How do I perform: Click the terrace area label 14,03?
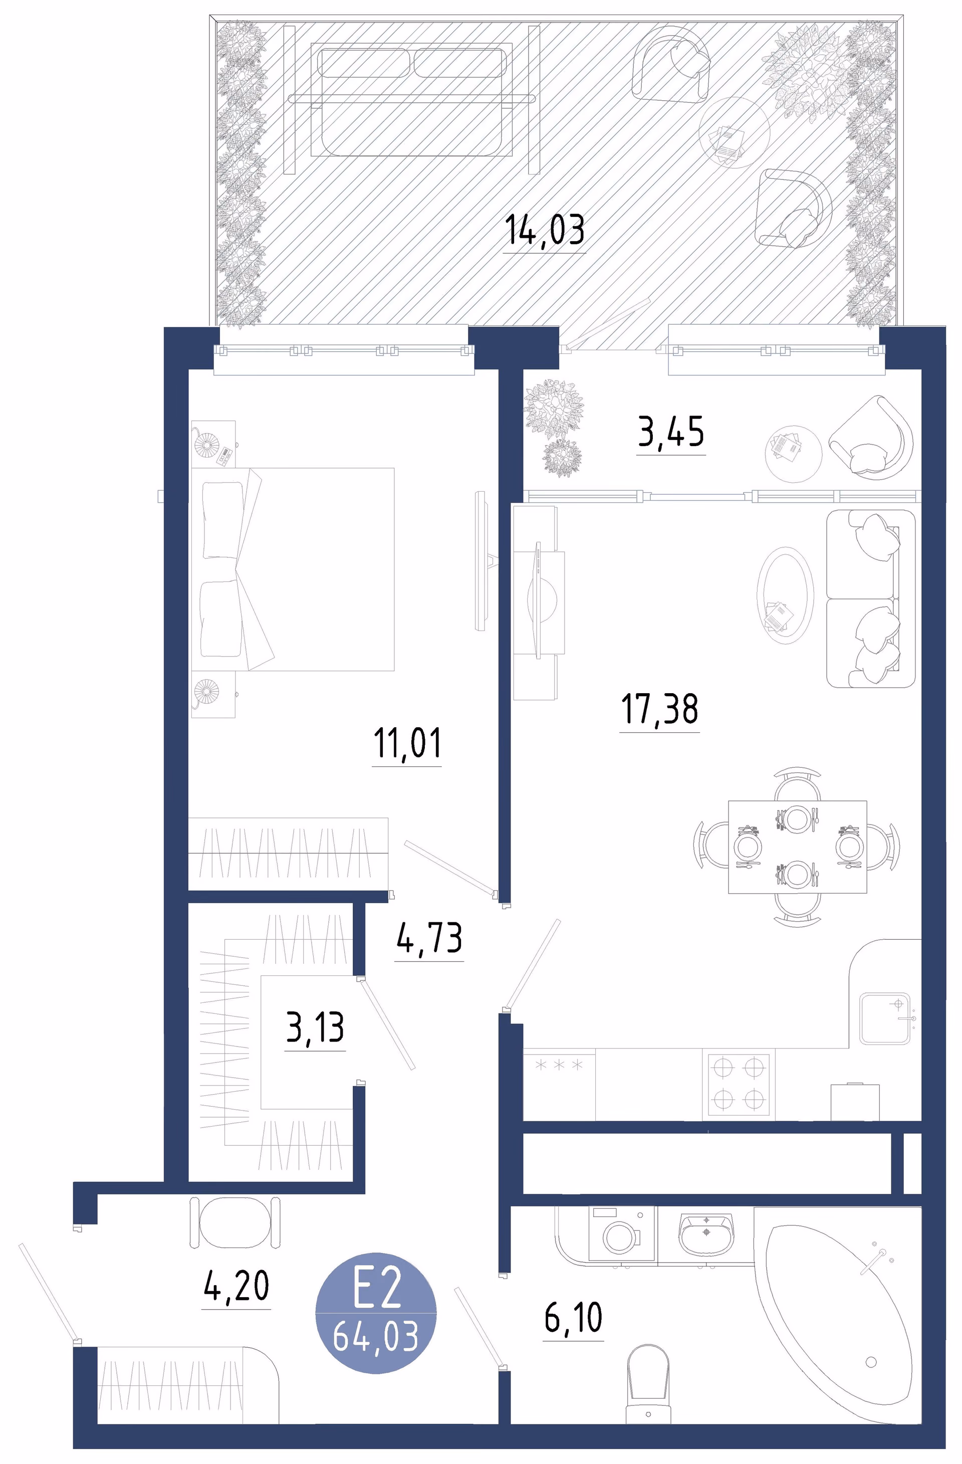(x=544, y=230)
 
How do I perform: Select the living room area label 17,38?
(x=659, y=709)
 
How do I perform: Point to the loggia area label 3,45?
(x=670, y=432)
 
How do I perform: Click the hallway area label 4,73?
(x=429, y=937)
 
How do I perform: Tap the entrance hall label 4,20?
(x=236, y=1286)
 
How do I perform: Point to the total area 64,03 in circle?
(x=376, y=1335)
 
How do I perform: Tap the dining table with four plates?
(x=797, y=847)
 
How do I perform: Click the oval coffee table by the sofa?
(x=784, y=595)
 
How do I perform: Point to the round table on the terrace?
(x=735, y=132)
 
